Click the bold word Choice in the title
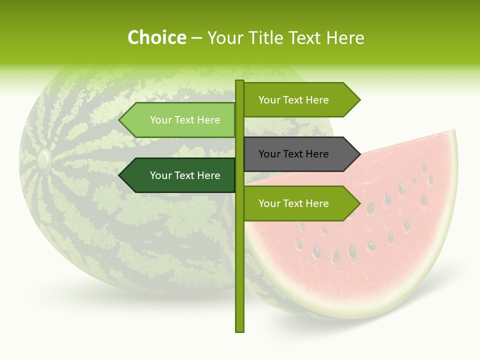(156, 37)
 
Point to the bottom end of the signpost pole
(239, 330)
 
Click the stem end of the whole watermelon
(43, 159)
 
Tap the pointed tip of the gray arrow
(359, 154)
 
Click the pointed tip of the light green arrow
(119, 120)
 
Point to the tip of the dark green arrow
(119, 175)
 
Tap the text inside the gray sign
(293, 154)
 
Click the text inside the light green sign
(185, 120)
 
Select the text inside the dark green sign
(185, 175)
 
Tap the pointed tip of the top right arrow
(359, 100)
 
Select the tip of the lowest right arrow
(359, 203)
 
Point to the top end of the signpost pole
(239, 81)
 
